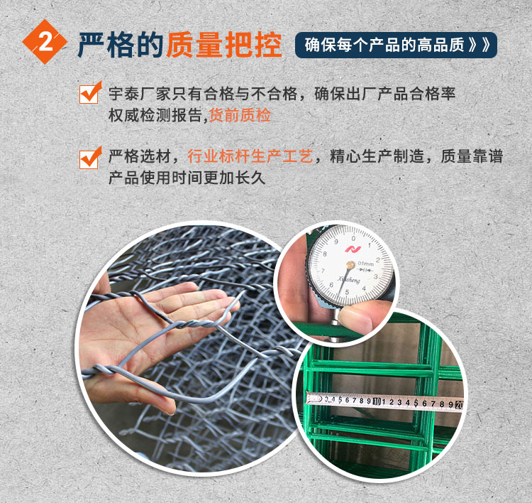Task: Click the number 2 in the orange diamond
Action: coord(46,42)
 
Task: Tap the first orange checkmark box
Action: coord(90,92)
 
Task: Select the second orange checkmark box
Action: coord(90,158)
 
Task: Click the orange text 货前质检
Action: coord(240,115)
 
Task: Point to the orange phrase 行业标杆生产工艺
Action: coord(250,156)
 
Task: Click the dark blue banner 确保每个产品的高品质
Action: coord(396,45)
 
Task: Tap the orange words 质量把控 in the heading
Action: coord(224,45)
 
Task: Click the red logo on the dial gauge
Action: coord(352,249)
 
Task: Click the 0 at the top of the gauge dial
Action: coord(353,238)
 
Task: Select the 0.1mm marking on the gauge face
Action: coord(366,263)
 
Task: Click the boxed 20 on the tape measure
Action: coord(459,404)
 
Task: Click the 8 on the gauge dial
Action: coord(325,254)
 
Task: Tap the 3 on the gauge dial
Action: coord(375,277)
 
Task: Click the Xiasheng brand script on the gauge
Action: coord(349,280)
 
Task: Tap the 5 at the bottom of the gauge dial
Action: coord(347,292)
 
